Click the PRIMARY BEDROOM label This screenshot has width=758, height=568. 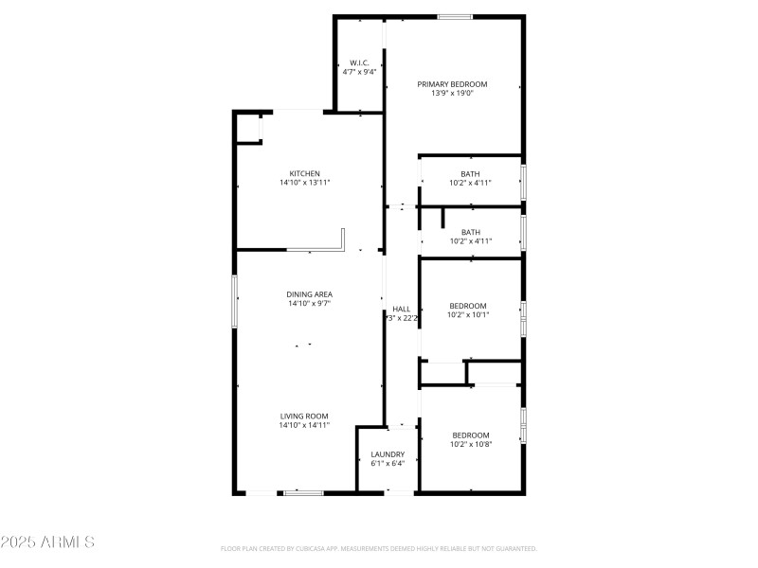452,83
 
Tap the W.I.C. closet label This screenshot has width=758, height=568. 359,62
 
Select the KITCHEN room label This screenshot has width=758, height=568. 304,173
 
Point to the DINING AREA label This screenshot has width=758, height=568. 309,294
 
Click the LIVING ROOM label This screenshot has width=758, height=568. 303,416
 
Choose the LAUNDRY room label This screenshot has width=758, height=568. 388,454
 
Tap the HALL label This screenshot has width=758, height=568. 402,309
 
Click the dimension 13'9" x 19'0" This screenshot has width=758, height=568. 452,93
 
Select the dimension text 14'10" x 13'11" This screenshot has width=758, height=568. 304,183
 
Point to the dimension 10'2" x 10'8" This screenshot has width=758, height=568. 470,444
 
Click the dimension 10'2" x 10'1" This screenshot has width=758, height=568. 468,315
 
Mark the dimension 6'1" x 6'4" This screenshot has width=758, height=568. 388,464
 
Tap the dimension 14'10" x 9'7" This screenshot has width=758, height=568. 309,304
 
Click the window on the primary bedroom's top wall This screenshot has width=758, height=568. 455,16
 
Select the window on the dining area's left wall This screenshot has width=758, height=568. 235,302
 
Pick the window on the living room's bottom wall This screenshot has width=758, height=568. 303,492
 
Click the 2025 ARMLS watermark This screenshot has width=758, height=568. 47,542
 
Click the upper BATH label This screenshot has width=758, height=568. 470,173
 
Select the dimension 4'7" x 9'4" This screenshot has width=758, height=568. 359,72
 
